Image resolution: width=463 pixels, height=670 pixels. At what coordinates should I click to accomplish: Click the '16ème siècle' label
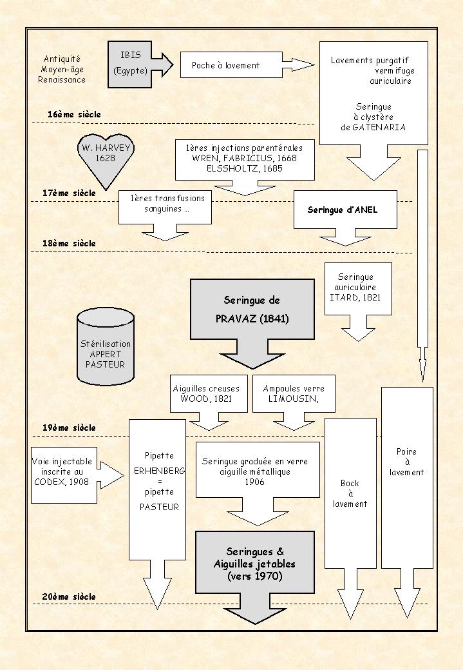(x=74, y=115)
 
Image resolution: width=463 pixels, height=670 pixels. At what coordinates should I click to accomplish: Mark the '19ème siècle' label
(x=69, y=428)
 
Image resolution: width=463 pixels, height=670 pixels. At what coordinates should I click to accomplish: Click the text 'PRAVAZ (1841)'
(x=252, y=319)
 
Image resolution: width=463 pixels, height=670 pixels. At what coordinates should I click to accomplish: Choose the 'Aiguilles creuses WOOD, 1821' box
(x=206, y=394)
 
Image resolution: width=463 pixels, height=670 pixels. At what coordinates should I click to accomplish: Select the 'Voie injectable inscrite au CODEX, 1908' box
(x=63, y=475)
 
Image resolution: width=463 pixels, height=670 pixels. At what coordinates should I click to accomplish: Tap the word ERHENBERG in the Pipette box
(x=160, y=471)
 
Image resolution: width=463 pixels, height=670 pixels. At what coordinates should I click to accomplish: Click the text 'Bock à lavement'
(x=350, y=493)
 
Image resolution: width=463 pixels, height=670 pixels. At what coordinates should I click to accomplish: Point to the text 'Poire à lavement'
(x=406, y=462)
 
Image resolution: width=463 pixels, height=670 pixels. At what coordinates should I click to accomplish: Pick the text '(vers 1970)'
(x=255, y=576)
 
